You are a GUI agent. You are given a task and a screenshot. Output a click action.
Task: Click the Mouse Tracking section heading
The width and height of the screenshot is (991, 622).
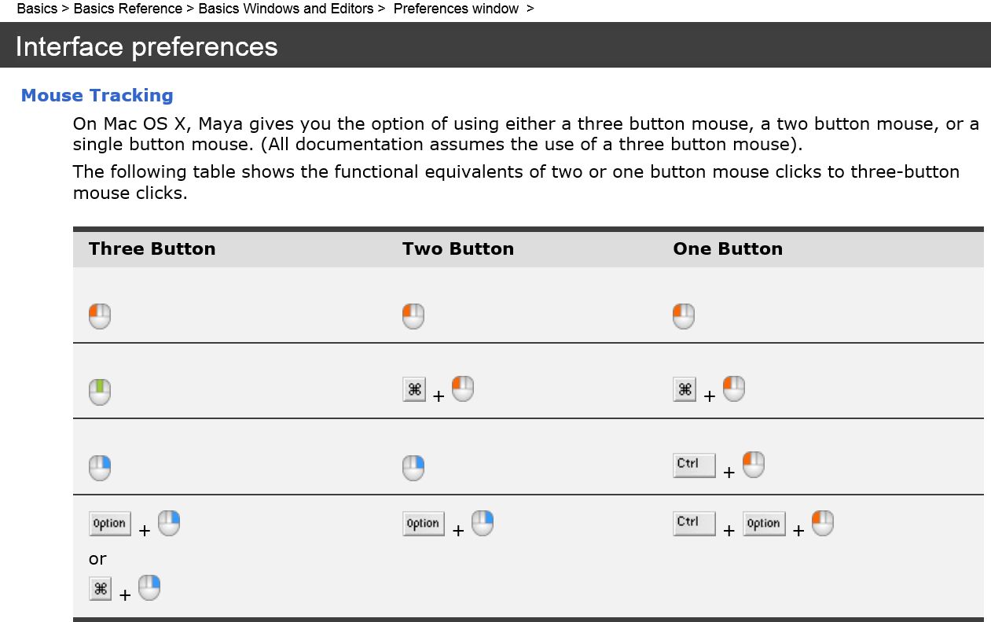click(x=97, y=95)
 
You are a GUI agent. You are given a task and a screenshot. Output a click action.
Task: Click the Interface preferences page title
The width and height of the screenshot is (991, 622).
click(x=146, y=47)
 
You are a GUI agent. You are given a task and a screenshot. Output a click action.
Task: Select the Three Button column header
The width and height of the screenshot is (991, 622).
click(x=152, y=248)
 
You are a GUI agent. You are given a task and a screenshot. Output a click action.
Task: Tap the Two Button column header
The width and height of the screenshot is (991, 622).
click(x=457, y=248)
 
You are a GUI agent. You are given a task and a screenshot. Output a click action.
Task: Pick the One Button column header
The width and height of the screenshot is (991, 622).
click(x=728, y=248)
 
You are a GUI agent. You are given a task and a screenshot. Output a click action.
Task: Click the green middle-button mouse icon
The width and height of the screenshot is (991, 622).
click(x=100, y=392)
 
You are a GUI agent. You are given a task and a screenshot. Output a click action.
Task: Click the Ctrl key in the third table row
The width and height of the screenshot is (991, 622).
click(x=694, y=464)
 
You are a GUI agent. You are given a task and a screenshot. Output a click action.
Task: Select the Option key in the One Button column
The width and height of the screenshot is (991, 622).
click(x=764, y=524)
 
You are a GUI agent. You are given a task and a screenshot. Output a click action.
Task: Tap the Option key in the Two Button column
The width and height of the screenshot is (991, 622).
click(x=423, y=524)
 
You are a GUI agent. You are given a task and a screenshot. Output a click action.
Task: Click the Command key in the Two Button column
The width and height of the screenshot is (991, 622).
click(x=414, y=389)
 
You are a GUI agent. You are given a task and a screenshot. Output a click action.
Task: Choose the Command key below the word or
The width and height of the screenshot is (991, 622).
click(x=101, y=589)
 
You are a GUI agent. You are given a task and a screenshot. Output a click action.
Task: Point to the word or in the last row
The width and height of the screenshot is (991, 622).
click(x=97, y=559)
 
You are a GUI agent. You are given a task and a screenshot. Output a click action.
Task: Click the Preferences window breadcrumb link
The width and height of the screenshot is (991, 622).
click(x=456, y=9)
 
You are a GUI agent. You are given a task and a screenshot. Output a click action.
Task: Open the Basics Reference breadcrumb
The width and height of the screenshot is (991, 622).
click(x=127, y=9)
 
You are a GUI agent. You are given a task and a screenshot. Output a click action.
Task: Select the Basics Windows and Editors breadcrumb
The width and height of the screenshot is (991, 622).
click(x=286, y=9)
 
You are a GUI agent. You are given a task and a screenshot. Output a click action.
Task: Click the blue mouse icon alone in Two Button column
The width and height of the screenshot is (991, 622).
click(x=413, y=468)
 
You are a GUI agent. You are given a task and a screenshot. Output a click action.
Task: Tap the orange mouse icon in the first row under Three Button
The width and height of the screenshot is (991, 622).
click(x=100, y=316)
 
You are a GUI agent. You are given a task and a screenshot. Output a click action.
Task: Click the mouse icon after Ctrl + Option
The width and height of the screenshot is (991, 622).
click(x=822, y=523)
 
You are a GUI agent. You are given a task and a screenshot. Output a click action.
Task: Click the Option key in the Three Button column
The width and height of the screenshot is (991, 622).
click(x=109, y=524)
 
